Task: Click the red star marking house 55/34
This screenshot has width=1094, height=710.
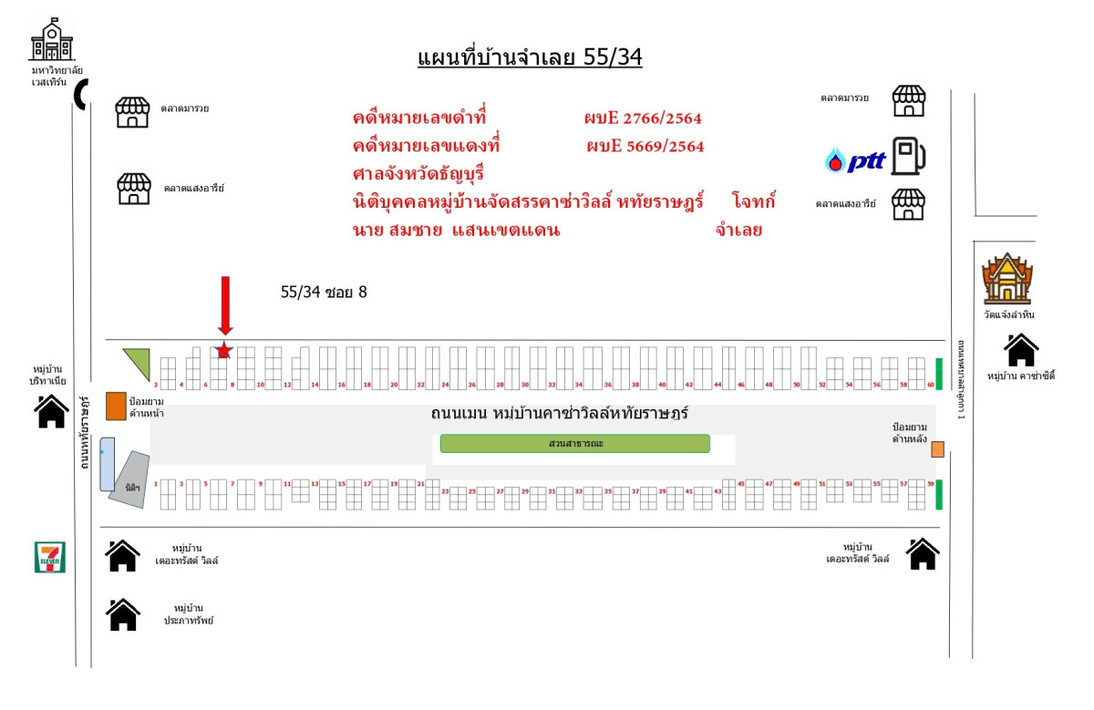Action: tap(224, 350)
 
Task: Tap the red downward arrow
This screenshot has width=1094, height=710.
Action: tap(225, 304)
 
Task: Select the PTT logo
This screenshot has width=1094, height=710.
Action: tap(855, 161)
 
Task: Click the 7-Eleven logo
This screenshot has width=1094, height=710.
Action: tap(50, 556)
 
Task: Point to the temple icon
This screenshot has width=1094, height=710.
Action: tap(1006, 279)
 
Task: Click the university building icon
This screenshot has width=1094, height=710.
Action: tap(51, 39)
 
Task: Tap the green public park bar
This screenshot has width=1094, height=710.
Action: tap(574, 444)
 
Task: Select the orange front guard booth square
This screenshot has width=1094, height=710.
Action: tap(116, 406)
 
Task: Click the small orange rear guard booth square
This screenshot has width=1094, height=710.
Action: tap(936, 447)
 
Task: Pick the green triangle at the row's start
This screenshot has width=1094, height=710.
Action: tap(139, 361)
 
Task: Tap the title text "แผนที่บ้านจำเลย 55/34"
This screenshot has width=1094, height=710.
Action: tap(530, 57)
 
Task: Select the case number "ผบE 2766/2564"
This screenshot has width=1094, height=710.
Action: tap(643, 118)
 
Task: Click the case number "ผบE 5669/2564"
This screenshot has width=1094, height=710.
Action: tap(645, 146)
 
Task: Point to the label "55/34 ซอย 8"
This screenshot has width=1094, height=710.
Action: tap(324, 293)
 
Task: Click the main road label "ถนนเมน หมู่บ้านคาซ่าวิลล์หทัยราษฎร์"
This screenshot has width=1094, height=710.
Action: tap(559, 414)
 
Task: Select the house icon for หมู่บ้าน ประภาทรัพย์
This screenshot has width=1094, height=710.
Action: tap(123, 614)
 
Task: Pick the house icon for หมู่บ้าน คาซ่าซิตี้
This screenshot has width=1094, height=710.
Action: tap(1021, 350)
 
